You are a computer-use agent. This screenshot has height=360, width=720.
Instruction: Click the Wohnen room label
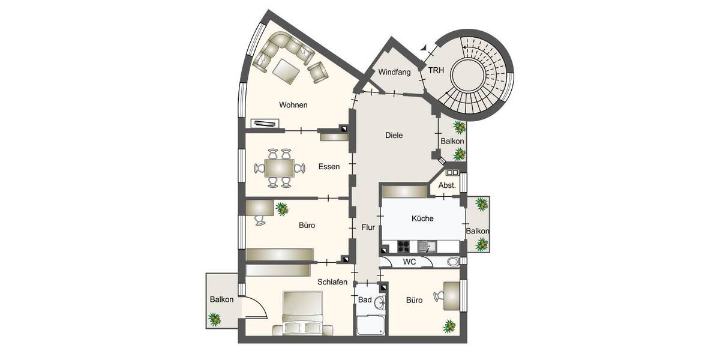point(293,105)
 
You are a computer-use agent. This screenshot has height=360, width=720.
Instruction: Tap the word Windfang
point(394,73)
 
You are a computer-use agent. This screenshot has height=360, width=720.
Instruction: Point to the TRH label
point(436,70)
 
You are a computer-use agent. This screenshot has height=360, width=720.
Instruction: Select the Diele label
point(394,136)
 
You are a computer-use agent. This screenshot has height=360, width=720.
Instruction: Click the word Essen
point(329,167)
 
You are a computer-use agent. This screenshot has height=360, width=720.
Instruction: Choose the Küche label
point(422,219)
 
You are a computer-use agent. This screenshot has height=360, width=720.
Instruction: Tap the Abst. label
point(447,186)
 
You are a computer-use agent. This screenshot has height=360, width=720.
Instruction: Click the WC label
point(410,262)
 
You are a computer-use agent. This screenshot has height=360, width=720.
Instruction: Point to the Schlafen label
point(333,281)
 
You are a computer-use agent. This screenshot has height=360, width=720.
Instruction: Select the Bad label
point(364,300)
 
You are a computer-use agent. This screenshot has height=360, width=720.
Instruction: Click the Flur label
point(368,227)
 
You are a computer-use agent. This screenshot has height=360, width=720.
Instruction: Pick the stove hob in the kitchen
point(403,246)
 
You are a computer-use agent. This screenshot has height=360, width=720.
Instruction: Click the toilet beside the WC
point(454,262)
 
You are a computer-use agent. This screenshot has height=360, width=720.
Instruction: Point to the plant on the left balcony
point(214,319)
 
